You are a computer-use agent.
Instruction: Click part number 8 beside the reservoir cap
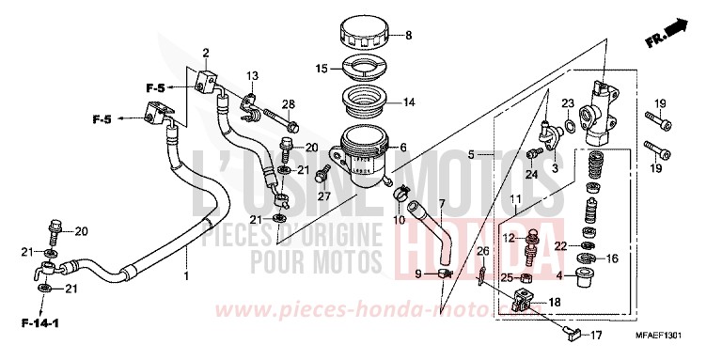point(408,37)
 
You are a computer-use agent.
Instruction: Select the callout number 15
point(322,69)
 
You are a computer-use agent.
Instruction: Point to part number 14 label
point(409,102)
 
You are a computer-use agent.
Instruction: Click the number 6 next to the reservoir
point(404,148)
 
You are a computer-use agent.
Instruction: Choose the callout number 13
point(252,75)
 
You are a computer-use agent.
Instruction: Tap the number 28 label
point(289,103)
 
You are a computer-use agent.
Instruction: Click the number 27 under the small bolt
point(322,196)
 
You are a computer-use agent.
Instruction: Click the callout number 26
point(482,251)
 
